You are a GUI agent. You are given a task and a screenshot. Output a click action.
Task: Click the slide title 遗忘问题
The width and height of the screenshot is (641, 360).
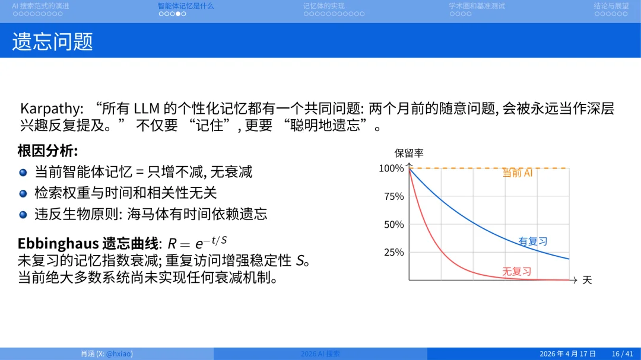pos(53,41)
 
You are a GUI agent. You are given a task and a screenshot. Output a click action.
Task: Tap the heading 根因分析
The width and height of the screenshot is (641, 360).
pos(47,151)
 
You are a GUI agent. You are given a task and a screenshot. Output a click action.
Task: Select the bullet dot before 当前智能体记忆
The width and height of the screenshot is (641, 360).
pos(23,172)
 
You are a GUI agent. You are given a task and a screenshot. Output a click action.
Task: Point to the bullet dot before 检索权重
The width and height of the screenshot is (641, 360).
pos(23,193)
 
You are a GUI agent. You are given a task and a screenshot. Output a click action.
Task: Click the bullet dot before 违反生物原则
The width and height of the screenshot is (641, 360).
pos(23,214)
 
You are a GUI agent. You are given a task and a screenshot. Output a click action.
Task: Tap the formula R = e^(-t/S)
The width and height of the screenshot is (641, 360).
pos(198,243)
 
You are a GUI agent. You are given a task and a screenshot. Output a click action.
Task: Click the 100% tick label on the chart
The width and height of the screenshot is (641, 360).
pos(391,168)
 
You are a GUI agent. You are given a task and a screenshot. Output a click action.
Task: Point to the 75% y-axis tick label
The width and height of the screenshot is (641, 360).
pos(394,196)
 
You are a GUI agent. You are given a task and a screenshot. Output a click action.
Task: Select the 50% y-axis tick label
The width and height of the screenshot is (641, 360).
pos(394,224)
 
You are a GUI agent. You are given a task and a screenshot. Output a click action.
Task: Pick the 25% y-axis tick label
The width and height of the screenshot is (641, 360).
pos(394,252)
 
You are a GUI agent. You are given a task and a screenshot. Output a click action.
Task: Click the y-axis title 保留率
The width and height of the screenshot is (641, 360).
pos(409,153)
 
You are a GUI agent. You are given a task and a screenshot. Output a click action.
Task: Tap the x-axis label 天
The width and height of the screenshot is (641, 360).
pos(587,280)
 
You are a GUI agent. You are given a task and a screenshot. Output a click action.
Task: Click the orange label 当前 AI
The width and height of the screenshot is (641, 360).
pos(518,173)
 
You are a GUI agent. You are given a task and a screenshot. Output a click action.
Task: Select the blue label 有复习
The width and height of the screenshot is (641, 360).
pos(532,241)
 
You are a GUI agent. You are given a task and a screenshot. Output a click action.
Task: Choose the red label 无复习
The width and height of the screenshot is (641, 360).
pos(516,272)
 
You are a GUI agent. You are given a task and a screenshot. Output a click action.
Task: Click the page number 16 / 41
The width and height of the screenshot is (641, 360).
pos(622,353)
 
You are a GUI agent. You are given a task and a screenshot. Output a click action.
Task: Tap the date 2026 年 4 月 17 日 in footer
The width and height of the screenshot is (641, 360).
pos(567,353)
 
